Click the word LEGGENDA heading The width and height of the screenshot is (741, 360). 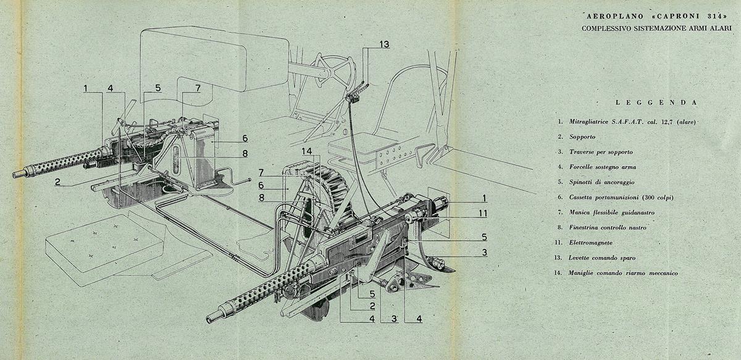656,103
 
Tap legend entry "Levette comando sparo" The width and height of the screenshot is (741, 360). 602,257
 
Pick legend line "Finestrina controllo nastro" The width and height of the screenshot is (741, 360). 608,227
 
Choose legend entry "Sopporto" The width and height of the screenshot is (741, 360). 582,136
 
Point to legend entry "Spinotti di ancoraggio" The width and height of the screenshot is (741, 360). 601,182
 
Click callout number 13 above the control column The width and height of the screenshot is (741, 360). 384,44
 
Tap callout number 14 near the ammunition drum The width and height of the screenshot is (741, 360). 307,151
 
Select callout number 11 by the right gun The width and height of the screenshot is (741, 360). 484,214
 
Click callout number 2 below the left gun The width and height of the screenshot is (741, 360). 57,182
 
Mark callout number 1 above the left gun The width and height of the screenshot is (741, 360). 86,88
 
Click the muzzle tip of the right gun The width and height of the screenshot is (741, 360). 209,319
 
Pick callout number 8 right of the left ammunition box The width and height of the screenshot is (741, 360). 245,154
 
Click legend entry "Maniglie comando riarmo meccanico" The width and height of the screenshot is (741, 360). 623,273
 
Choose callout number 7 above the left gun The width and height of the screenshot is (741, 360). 198,88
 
